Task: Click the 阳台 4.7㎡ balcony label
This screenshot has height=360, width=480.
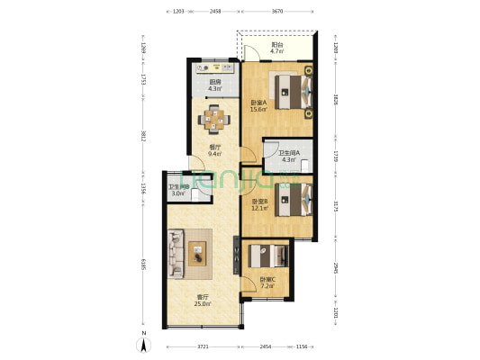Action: (279, 49)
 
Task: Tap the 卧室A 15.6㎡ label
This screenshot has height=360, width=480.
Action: (259, 106)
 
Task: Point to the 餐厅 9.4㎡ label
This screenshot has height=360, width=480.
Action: (215, 150)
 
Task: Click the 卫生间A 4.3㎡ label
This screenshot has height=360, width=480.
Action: (289, 157)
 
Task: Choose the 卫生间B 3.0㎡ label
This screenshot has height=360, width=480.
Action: (178, 190)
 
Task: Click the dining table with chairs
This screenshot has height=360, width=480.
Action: (215, 118)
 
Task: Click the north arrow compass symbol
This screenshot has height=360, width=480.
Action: (142, 344)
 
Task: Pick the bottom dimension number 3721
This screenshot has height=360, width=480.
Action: (202, 345)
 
